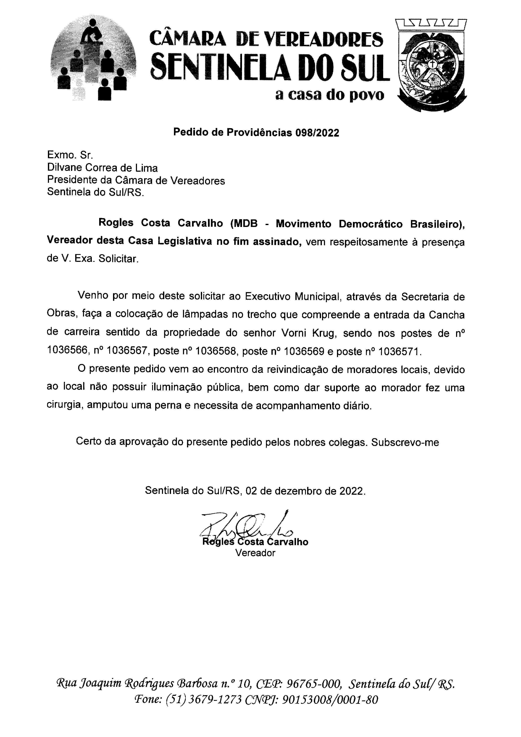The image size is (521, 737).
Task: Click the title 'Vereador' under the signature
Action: [255, 553]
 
